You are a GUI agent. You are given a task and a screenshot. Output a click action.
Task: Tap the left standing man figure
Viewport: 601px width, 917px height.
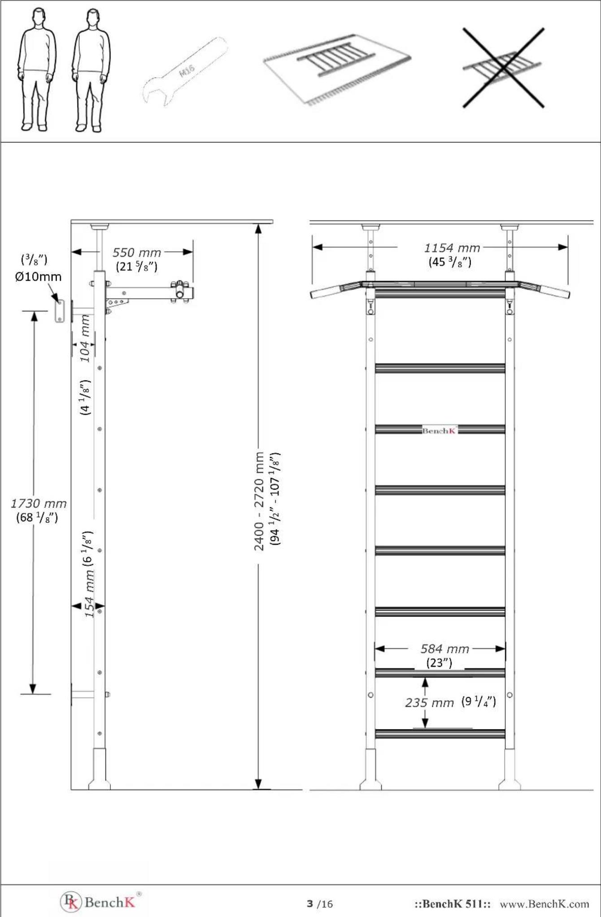point(38,70)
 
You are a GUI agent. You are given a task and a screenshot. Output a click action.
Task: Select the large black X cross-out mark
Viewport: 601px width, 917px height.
point(503,68)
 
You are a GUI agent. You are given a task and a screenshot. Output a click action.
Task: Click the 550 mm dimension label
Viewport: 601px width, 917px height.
point(136,252)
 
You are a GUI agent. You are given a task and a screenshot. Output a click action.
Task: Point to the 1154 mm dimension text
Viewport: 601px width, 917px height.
point(452,248)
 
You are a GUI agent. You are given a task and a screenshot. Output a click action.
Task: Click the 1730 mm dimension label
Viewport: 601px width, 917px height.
point(39,504)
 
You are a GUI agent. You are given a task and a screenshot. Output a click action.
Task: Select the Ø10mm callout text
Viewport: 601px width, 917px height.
point(38,277)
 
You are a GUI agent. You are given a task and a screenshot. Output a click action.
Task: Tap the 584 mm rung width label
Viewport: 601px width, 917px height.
point(444,649)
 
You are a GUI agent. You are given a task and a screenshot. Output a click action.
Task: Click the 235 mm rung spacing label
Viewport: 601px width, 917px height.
point(429,703)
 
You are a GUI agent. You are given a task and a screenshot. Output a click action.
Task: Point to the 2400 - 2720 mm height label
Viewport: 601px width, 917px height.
point(259,501)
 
